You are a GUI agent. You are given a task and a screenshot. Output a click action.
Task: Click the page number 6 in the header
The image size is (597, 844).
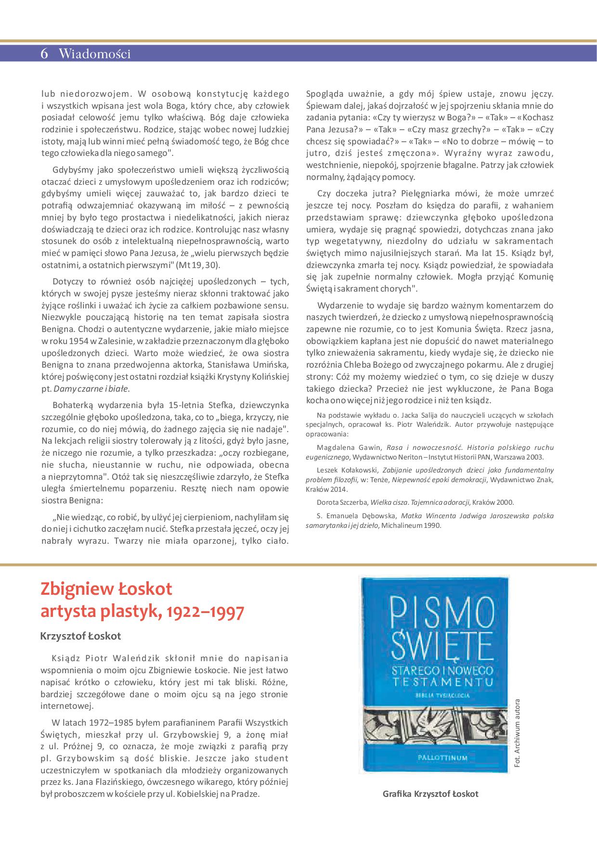[x=44, y=54]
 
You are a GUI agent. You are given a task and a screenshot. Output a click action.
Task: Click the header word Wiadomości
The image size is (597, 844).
[x=94, y=54]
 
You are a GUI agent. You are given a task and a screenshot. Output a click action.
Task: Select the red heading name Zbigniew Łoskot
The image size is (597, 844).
[x=106, y=588]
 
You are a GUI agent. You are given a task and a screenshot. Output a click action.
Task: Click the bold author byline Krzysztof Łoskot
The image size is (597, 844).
[x=81, y=636]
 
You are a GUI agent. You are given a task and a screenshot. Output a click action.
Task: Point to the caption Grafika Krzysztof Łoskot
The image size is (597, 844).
[x=430, y=793]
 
